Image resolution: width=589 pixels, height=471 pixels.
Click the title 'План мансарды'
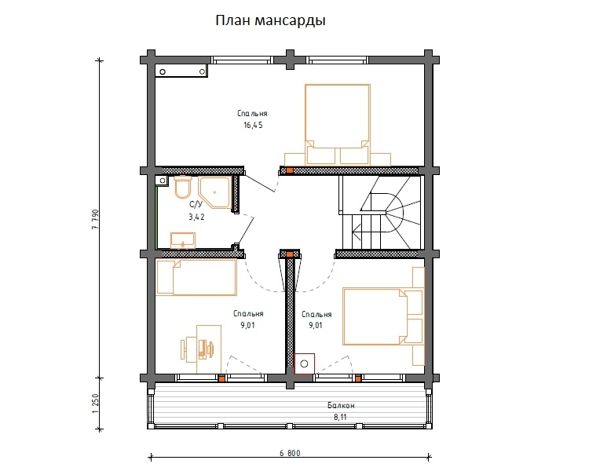(270, 20)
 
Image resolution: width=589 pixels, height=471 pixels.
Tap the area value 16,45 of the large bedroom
(253, 126)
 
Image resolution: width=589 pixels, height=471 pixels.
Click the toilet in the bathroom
(183, 187)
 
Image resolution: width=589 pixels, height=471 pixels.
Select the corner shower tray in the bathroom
(214, 192)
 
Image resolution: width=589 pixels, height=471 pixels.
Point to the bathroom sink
(183, 240)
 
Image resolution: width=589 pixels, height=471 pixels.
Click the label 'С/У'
(196, 205)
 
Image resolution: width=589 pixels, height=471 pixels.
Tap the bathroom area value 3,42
(196, 217)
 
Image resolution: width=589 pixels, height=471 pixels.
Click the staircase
(380, 212)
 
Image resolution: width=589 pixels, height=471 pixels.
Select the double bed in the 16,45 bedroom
(338, 125)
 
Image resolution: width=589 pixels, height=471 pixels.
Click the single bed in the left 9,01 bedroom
(196, 278)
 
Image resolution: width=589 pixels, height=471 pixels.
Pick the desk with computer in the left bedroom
(201, 349)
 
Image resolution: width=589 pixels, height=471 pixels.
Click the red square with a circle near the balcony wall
(304, 363)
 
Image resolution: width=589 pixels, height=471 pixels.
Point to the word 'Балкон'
(341, 406)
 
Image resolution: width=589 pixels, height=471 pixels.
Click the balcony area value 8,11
(340, 417)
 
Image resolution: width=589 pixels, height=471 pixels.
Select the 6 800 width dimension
(290, 453)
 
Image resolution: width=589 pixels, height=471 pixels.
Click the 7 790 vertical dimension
(95, 219)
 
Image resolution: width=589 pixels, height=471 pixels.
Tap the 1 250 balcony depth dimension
(95, 403)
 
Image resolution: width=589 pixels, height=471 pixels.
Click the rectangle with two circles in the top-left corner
(182, 71)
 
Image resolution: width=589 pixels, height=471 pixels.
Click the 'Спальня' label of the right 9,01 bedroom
(316, 314)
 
